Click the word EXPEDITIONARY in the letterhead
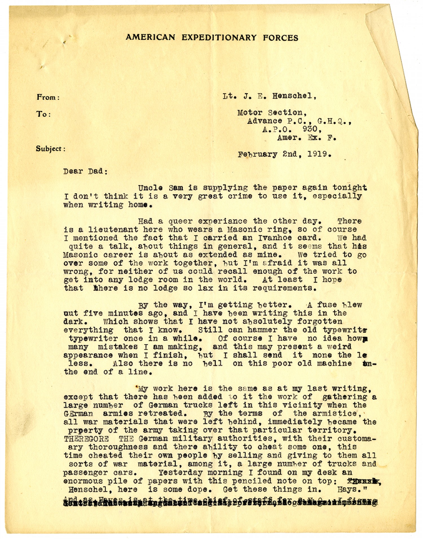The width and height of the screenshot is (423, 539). coord(219,37)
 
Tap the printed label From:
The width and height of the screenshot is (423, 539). coord(48,97)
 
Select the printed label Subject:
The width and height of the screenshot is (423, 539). coord(50,149)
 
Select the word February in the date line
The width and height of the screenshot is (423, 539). coord(257,155)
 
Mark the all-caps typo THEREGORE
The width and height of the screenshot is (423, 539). coord(86,439)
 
